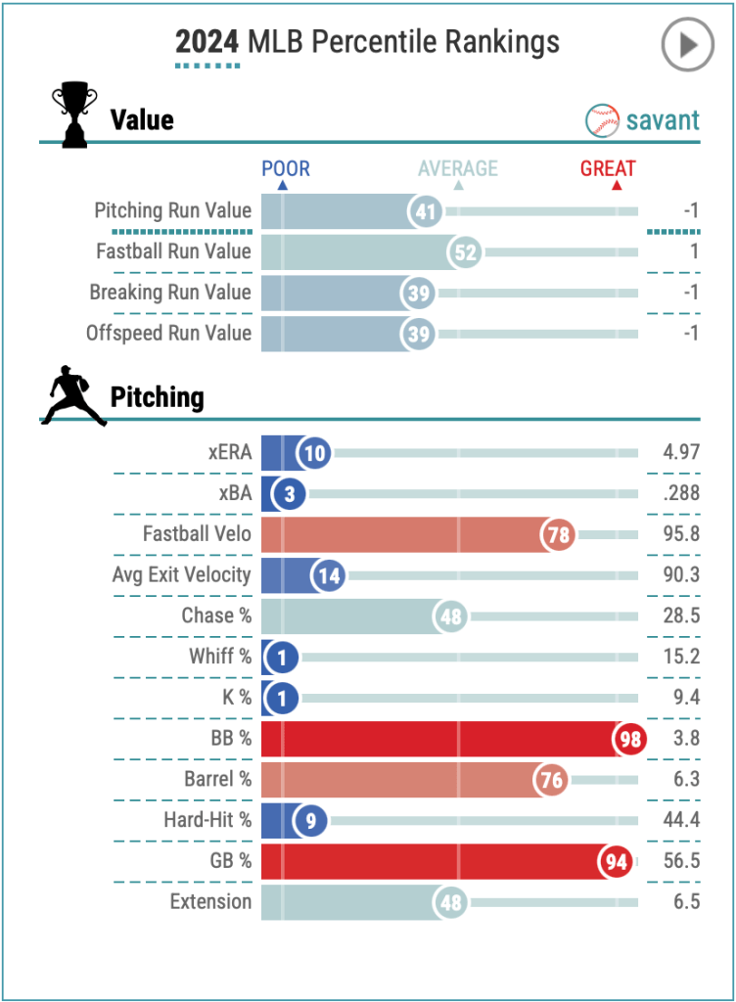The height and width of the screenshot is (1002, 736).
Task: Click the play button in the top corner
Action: point(687,44)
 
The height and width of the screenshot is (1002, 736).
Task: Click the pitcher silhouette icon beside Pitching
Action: point(73,395)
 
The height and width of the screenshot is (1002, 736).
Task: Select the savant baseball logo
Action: point(603,120)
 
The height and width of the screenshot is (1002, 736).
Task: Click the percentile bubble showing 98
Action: point(630,739)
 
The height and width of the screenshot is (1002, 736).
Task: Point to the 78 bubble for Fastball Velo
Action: point(559,534)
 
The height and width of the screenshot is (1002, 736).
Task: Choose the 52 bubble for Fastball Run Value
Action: point(466,251)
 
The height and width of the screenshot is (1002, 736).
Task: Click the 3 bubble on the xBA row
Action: point(290,493)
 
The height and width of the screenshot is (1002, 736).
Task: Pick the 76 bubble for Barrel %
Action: point(551,780)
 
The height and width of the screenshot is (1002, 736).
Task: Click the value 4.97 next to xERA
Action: point(680,453)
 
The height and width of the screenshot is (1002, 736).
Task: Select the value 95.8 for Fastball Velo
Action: point(680,534)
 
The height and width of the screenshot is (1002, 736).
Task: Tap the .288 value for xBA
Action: point(680,493)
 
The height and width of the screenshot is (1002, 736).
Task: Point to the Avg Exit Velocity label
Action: point(181,575)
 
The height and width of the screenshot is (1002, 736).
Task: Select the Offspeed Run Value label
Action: point(168,333)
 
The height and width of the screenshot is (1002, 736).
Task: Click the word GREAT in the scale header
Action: point(608,168)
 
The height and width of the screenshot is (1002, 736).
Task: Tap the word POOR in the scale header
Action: point(286,168)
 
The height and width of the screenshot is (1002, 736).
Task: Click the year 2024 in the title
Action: point(207,42)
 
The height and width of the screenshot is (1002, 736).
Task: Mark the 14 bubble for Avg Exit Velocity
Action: point(330,575)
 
